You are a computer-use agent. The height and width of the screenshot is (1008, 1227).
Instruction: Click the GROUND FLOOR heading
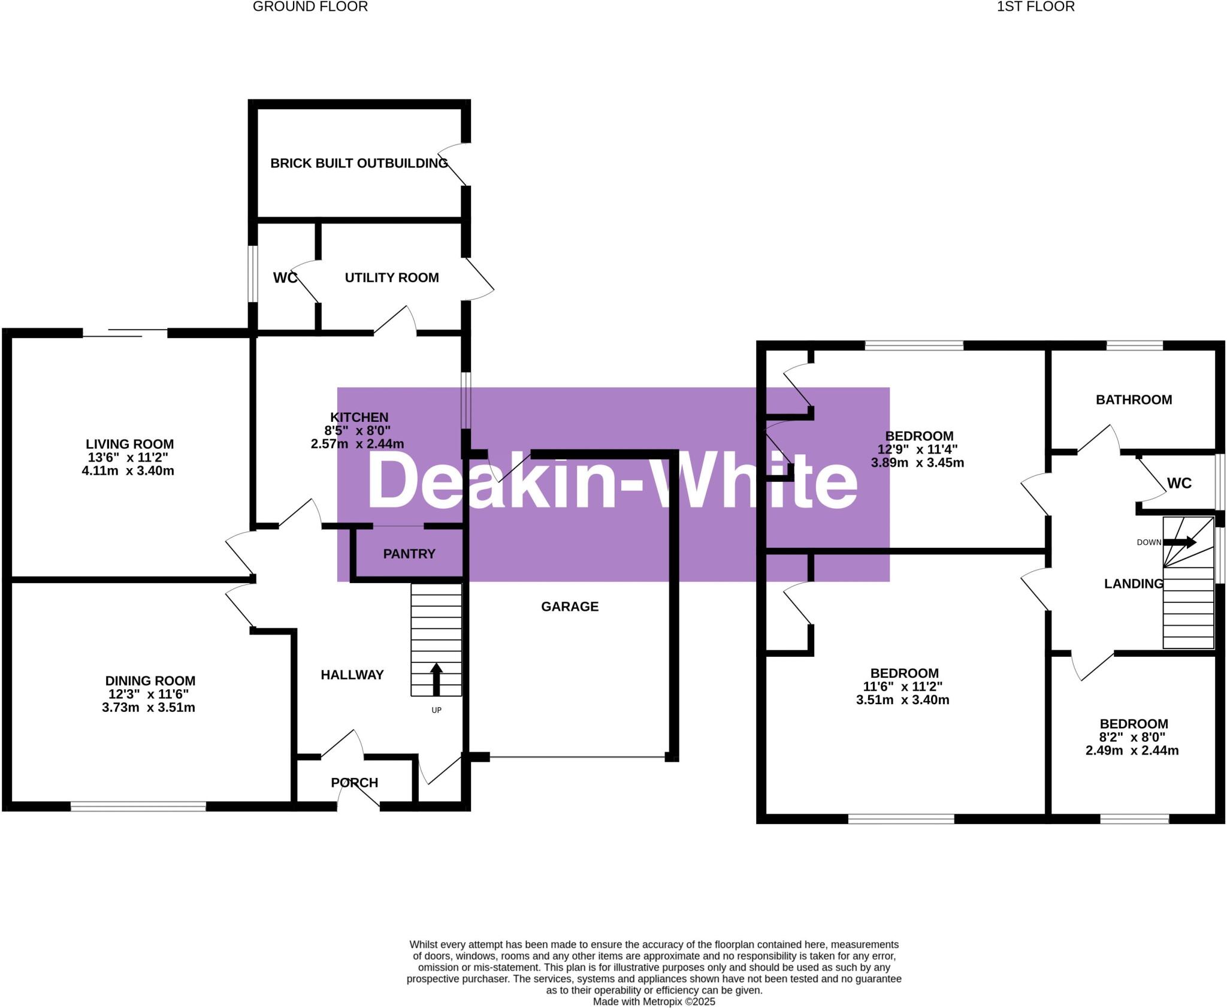310,7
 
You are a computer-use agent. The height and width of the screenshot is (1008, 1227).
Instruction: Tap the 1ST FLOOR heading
1035,7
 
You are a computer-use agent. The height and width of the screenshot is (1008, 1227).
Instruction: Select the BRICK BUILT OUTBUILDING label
359,163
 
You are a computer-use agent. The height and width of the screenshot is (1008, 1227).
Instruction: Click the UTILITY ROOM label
392,277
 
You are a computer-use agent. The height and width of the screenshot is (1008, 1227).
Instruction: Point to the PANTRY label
409,554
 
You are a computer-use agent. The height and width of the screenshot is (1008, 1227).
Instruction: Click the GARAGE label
570,606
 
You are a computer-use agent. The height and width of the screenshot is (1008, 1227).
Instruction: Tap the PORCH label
355,783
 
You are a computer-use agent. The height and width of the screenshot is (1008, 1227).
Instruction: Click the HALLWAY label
352,675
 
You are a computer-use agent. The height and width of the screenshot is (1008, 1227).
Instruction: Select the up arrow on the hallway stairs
436,678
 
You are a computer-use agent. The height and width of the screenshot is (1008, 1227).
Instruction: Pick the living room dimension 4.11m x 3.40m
128,470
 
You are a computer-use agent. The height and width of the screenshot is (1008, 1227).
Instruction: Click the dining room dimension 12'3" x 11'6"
149,694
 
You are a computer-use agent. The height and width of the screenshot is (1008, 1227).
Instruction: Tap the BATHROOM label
1134,400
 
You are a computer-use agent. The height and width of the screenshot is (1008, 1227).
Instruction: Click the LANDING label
1134,584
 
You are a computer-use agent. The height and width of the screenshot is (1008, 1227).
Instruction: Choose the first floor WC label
1179,483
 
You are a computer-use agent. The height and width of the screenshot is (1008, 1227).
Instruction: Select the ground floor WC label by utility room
285,278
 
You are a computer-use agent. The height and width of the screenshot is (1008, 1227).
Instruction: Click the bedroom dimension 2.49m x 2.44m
1132,750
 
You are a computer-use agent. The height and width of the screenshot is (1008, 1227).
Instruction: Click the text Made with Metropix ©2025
654,1001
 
